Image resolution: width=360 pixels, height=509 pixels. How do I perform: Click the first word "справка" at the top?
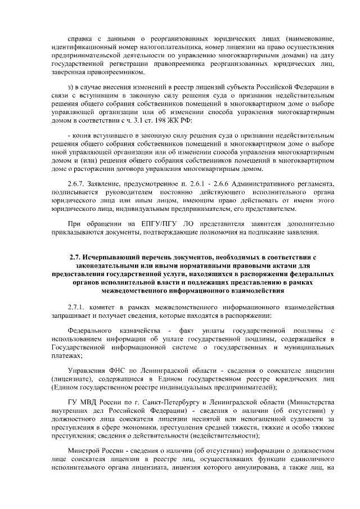pos(79,38)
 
